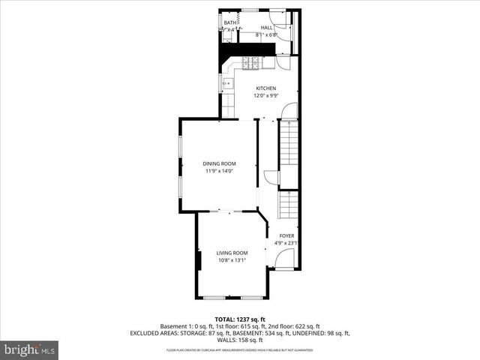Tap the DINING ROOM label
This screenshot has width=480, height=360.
pyautogui.click(x=220, y=163)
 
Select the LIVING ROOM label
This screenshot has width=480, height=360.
pyautogui.click(x=232, y=253)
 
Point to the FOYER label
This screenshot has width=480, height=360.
pyautogui.click(x=286, y=235)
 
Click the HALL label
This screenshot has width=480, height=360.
pyautogui.click(x=266, y=27)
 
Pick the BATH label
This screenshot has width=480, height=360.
pyautogui.click(x=229, y=23)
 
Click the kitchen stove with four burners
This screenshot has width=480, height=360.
pyautogui.click(x=251, y=64)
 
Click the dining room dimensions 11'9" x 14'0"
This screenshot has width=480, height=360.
pyautogui.click(x=220, y=171)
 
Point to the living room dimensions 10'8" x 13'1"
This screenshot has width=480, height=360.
pyautogui.click(x=232, y=261)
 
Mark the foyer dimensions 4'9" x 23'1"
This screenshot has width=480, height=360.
pyautogui.click(x=286, y=243)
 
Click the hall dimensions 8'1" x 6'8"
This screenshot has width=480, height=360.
pyautogui.click(x=266, y=34)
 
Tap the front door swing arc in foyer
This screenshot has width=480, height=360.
pyautogui.click(x=283, y=259)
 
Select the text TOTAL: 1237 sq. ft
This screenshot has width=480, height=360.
pyautogui.click(x=240, y=319)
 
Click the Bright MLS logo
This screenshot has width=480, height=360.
pyautogui.click(x=30, y=349)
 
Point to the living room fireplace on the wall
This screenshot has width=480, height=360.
pyautogui.click(x=199, y=261)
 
